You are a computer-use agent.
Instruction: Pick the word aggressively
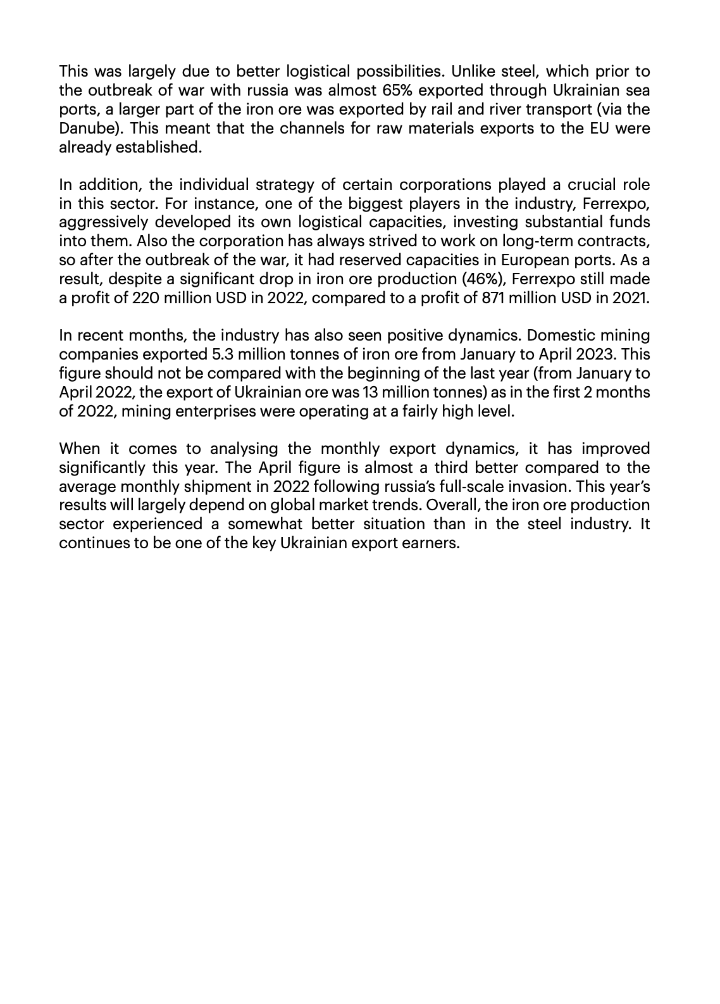click(x=102, y=222)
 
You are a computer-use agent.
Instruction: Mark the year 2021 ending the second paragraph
click(x=630, y=298)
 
